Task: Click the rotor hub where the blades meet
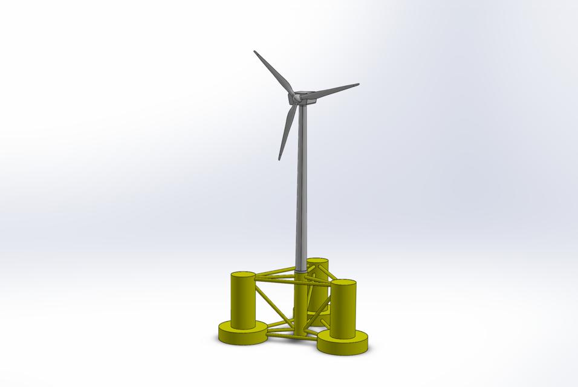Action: point(294,97)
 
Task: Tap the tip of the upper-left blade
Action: point(255,51)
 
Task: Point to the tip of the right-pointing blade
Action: point(358,85)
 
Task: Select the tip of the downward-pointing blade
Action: point(279,159)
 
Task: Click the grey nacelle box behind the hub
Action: point(307,97)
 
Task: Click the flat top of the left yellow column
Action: point(243,275)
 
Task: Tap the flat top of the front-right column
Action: point(343,283)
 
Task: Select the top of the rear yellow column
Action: point(317,261)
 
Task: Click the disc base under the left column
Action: point(242,334)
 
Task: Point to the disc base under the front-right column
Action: point(343,343)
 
